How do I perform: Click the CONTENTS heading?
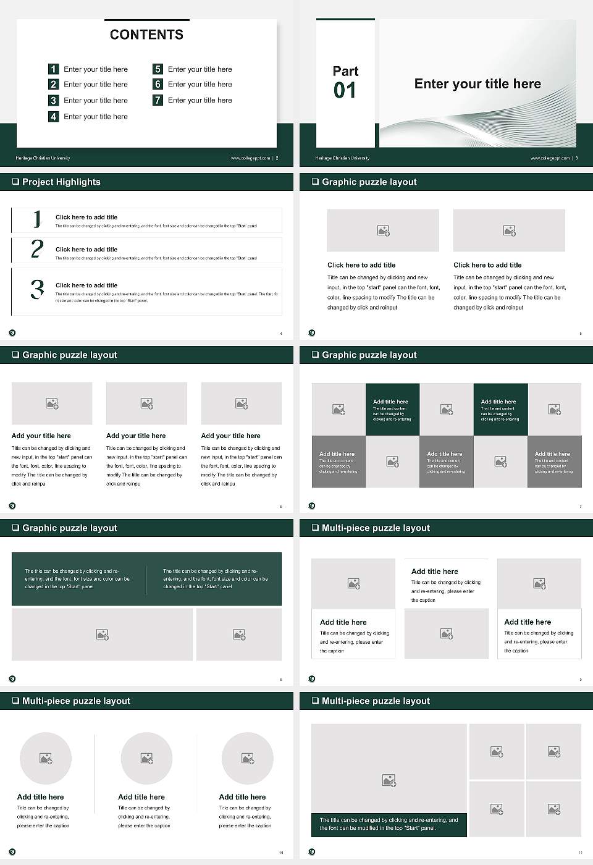(146, 35)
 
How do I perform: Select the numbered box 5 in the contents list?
(158, 69)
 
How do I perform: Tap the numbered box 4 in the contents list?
(54, 116)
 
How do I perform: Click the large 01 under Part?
(345, 91)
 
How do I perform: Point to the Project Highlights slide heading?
(61, 182)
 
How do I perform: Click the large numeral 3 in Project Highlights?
(37, 289)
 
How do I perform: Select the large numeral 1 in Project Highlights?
(37, 219)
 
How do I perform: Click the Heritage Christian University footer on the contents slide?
(43, 158)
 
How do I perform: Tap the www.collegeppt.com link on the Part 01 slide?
(550, 158)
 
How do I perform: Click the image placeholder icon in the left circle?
(46, 758)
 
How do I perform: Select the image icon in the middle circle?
(146, 758)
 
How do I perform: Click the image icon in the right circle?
(248, 758)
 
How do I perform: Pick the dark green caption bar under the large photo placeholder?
(389, 824)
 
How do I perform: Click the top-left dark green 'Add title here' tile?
(392, 409)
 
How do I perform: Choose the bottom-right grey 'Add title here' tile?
(554, 462)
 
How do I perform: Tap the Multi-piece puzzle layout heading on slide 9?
(376, 528)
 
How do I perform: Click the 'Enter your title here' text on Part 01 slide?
(477, 84)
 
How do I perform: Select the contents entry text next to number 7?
(200, 100)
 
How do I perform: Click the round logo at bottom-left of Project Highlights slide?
(12, 332)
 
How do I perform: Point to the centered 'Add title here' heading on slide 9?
(435, 572)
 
